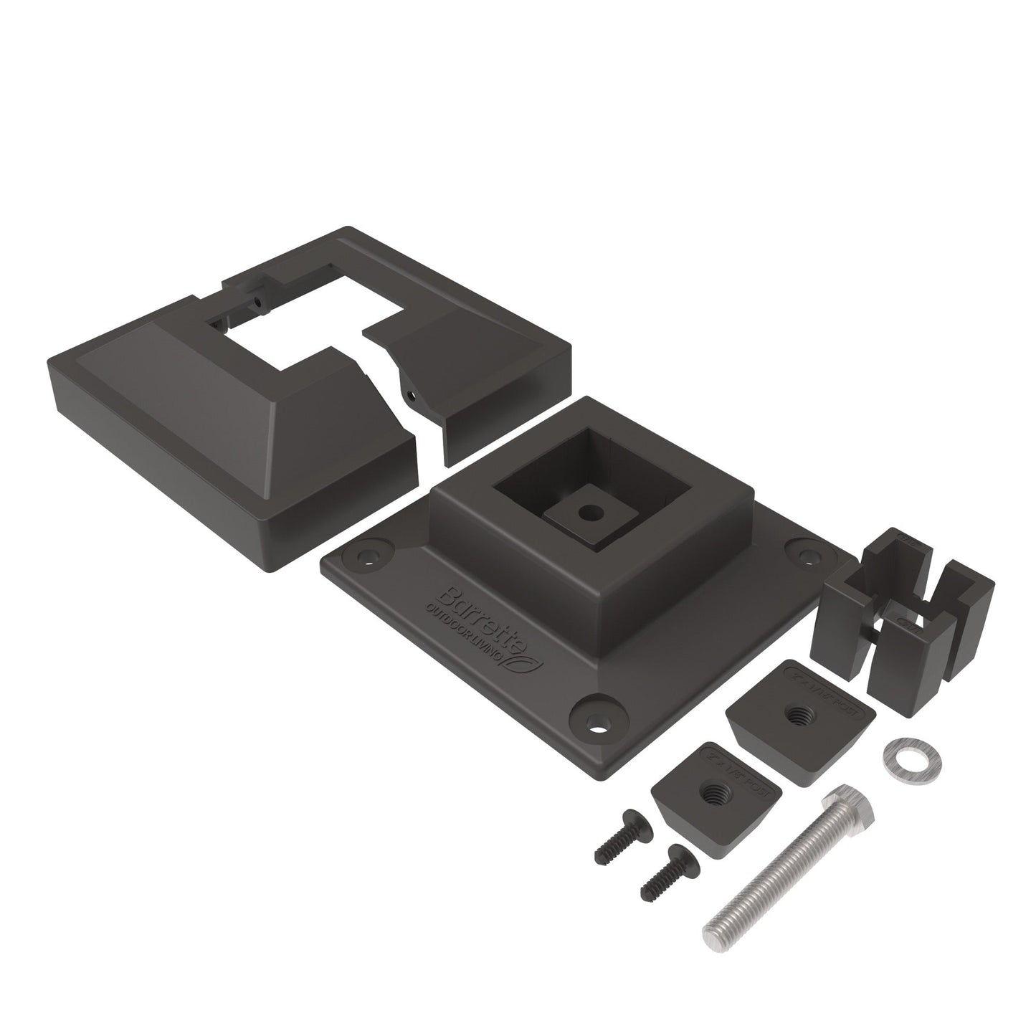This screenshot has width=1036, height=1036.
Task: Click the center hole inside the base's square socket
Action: pos(589,513)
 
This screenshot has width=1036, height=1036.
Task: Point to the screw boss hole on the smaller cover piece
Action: pos(410,393)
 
